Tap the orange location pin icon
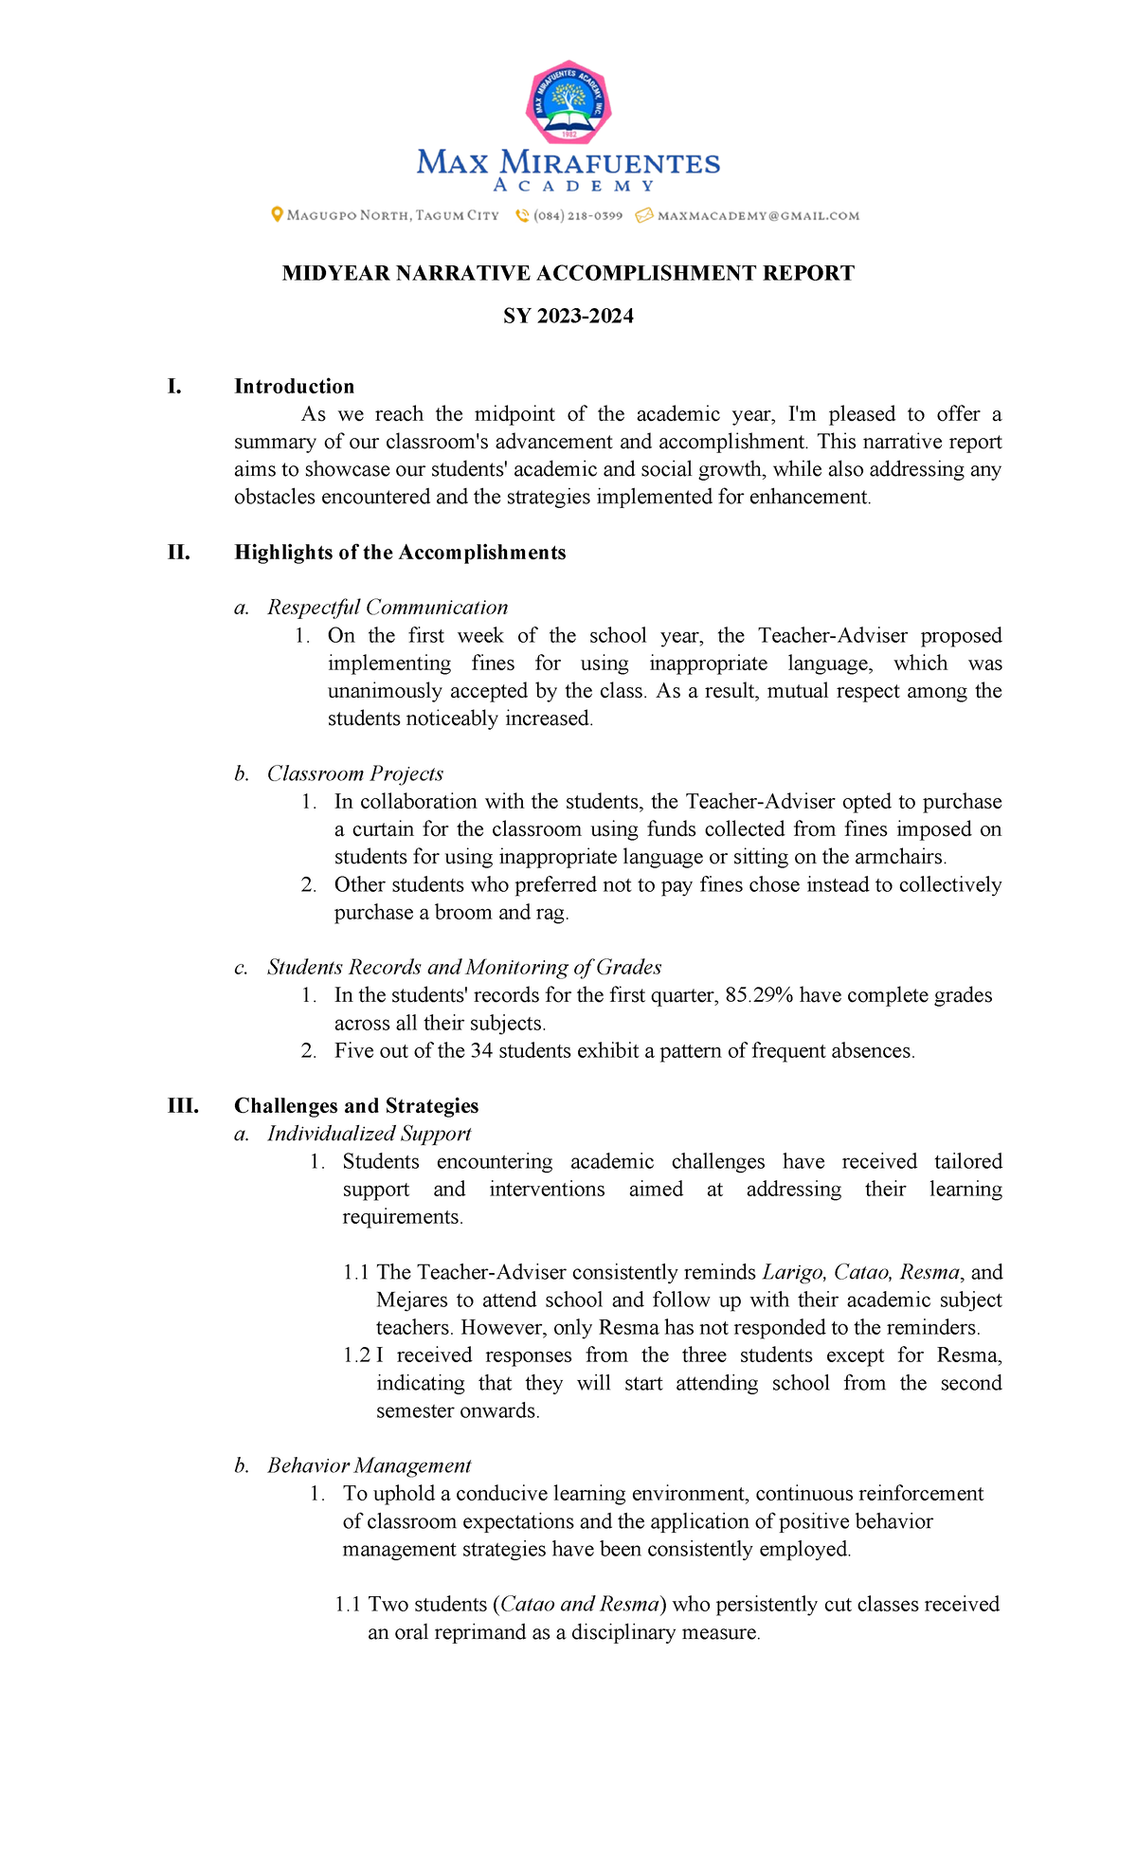277,215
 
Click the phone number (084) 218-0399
577,216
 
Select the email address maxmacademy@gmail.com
758,216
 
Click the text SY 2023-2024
568,317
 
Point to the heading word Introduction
294,387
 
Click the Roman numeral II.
178,553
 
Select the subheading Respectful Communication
387,608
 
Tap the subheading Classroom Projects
354,774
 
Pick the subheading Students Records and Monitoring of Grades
463,968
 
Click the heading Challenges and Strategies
355,1106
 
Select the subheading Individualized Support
369,1134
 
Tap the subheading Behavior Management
369,1466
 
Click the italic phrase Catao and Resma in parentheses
579,1605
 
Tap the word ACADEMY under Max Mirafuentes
573,186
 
